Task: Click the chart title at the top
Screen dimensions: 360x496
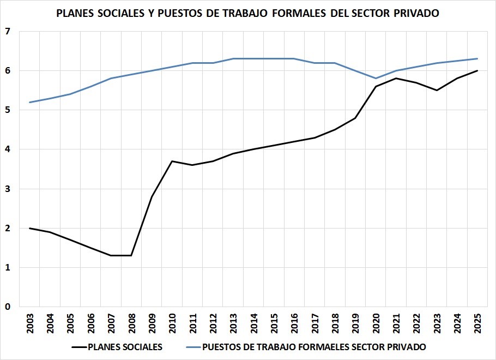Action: [x=248, y=14]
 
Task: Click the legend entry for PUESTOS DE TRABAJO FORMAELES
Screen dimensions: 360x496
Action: [x=313, y=346]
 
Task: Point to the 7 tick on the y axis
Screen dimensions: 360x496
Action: [x=8, y=32]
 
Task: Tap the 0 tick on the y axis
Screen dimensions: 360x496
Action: [x=8, y=307]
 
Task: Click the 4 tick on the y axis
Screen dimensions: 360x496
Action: [x=8, y=149]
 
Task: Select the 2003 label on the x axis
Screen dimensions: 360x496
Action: [x=30, y=322]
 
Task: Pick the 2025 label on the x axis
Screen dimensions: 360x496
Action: [x=477, y=322]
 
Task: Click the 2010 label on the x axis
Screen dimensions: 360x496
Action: [x=172, y=322]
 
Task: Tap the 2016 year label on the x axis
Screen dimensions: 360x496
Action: [x=294, y=322]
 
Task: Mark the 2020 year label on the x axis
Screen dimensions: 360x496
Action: [x=376, y=322]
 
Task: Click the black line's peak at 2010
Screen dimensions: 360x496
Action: [x=172, y=161]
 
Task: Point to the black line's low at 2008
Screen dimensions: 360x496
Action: [x=131, y=255]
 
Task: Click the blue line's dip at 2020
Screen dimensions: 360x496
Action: [x=376, y=79]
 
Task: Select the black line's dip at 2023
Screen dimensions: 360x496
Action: [x=437, y=90]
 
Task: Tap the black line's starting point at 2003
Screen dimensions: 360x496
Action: [x=30, y=228]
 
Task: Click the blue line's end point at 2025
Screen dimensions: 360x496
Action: [x=477, y=59]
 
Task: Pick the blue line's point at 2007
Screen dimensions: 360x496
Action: [x=111, y=79]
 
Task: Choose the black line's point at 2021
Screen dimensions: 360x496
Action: [x=396, y=79]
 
